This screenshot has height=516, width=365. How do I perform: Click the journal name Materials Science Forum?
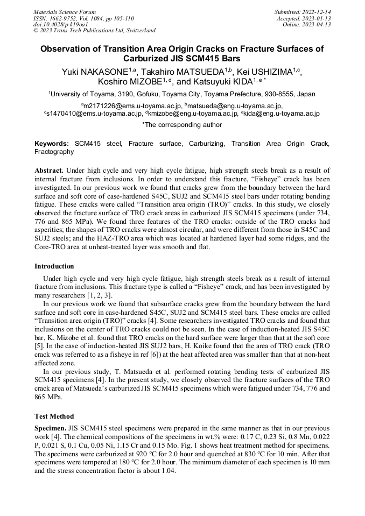[x=65, y=12]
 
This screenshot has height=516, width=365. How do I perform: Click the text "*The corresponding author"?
[x=182, y=125]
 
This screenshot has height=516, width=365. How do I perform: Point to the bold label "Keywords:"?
[x=52, y=144]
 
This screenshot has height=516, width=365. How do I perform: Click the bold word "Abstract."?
[x=49, y=170]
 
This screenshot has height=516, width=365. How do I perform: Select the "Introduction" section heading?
[x=54, y=266]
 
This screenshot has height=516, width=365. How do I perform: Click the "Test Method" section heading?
[x=54, y=416]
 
